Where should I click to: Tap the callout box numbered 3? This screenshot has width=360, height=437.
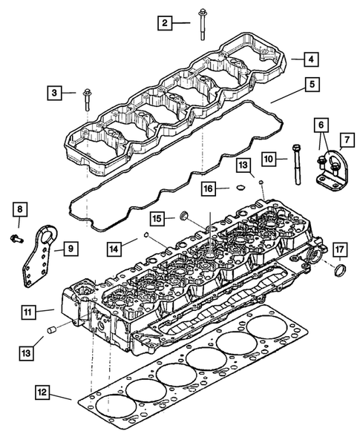pyautogui.click(x=53, y=93)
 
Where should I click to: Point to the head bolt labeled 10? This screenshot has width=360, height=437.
pyautogui.click(x=298, y=166)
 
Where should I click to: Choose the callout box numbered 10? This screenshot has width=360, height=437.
pyautogui.click(x=269, y=159)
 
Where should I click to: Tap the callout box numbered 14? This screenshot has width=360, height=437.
pyautogui.click(x=114, y=247)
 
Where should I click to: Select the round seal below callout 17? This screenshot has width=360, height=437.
pyautogui.click(x=341, y=267)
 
